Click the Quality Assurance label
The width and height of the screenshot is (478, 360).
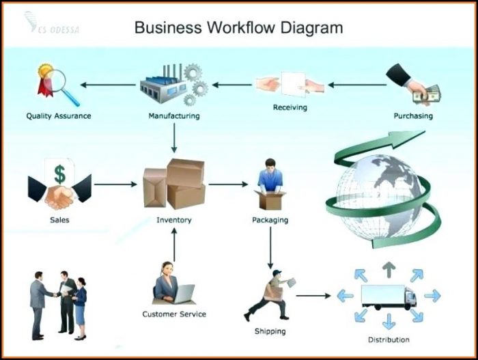59,116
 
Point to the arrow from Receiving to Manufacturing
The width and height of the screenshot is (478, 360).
231,85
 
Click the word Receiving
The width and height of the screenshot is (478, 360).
290,108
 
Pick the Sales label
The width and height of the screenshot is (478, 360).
59,220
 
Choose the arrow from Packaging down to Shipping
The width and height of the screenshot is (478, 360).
270,247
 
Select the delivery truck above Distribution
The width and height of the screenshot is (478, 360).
388,296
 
